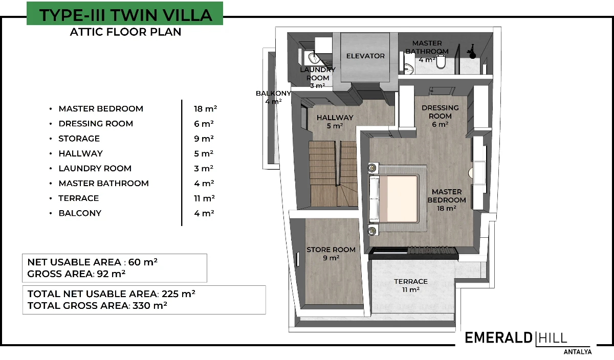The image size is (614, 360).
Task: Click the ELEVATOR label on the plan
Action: click(x=365, y=56)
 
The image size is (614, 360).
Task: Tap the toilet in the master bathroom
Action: click(x=441, y=62)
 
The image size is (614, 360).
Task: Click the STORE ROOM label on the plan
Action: click(x=331, y=250)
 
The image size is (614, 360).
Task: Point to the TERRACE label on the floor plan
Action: click(x=410, y=281)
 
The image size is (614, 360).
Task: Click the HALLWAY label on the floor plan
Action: click(x=335, y=118)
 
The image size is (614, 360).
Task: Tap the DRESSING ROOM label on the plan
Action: click(x=440, y=112)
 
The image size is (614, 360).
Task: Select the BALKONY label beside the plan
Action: click(x=273, y=93)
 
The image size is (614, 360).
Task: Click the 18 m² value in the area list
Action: click(x=205, y=109)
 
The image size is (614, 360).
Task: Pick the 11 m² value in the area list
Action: click(x=204, y=198)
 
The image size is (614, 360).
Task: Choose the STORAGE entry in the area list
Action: click(x=79, y=139)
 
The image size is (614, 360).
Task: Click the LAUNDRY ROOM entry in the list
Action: click(x=95, y=168)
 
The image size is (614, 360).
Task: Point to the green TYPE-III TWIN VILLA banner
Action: click(x=125, y=13)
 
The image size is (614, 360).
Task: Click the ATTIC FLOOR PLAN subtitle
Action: click(x=125, y=32)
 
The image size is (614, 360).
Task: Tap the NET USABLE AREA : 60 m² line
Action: click(x=93, y=262)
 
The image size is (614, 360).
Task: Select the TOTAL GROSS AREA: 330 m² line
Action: click(x=97, y=305)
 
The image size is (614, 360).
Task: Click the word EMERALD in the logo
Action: click(x=498, y=338)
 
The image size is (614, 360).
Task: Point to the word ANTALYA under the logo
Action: click(x=578, y=351)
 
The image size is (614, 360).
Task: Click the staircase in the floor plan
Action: click(x=333, y=174)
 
